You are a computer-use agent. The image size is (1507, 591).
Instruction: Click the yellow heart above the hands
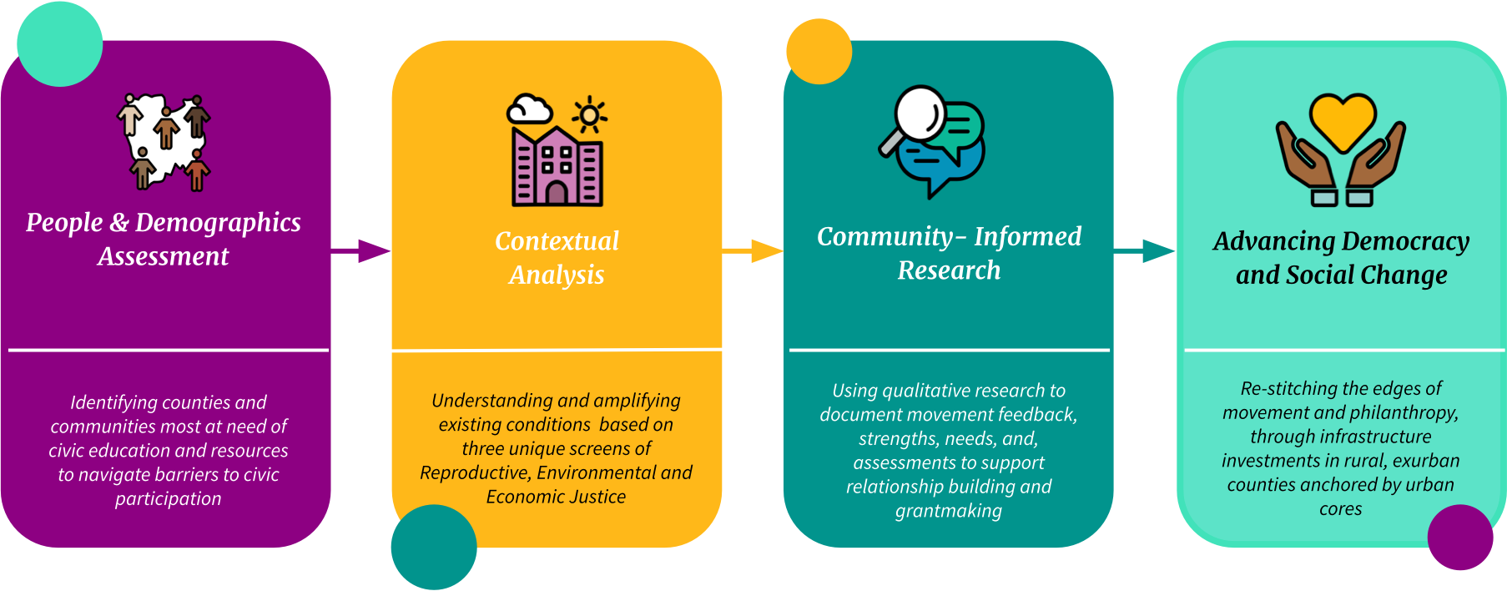coord(1342,119)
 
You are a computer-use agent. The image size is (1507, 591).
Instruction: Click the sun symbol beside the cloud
coord(590,115)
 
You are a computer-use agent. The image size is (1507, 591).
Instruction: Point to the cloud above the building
coord(530,109)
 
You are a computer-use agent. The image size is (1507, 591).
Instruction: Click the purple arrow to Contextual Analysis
coord(361,250)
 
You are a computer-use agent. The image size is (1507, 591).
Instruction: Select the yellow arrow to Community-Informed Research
coord(753,250)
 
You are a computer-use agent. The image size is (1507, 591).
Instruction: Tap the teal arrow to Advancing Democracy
coord(1146,250)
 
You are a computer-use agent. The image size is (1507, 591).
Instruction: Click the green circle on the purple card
coord(59,43)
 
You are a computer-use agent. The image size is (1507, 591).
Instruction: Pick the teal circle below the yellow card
coord(434,547)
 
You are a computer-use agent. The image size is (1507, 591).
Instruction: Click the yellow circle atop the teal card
coord(819,52)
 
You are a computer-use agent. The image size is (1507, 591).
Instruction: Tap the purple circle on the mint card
coord(1460,538)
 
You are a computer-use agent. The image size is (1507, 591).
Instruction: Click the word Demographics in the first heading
coord(218,223)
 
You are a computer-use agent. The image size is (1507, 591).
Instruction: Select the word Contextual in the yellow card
coord(557,241)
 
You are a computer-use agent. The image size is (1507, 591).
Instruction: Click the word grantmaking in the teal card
coord(949,511)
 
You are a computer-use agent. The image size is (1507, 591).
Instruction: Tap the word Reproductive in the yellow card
coord(475,473)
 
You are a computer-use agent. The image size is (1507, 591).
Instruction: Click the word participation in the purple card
coord(169,499)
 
